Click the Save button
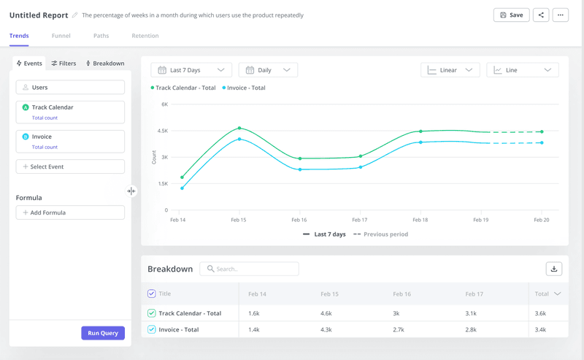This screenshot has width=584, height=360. (x=511, y=15)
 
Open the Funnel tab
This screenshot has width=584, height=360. (x=61, y=36)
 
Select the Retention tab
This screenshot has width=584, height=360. (x=145, y=36)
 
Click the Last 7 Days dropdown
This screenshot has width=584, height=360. (x=191, y=70)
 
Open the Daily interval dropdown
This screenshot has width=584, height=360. (x=268, y=70)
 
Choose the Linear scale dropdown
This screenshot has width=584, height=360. (x=450, y=70)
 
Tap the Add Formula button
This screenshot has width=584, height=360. (x=70, y=212)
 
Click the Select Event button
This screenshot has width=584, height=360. (x=70, y=166)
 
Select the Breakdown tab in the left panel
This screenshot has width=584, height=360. (x=105, y=64)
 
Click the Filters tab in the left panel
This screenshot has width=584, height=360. (x=64, y=64)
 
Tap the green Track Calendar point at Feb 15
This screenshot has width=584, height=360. (x=239, y=129)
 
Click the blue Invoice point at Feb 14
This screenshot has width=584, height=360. (x=182, y=188)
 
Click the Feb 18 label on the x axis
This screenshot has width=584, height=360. (x=420, y=219)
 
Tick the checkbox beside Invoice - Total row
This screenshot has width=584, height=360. (x=152, y=330)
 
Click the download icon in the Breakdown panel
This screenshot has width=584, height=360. (x=553, y=269)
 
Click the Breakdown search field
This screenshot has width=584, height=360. (x=250, y=269)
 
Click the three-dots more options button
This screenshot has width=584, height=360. (x=560, y=15)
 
